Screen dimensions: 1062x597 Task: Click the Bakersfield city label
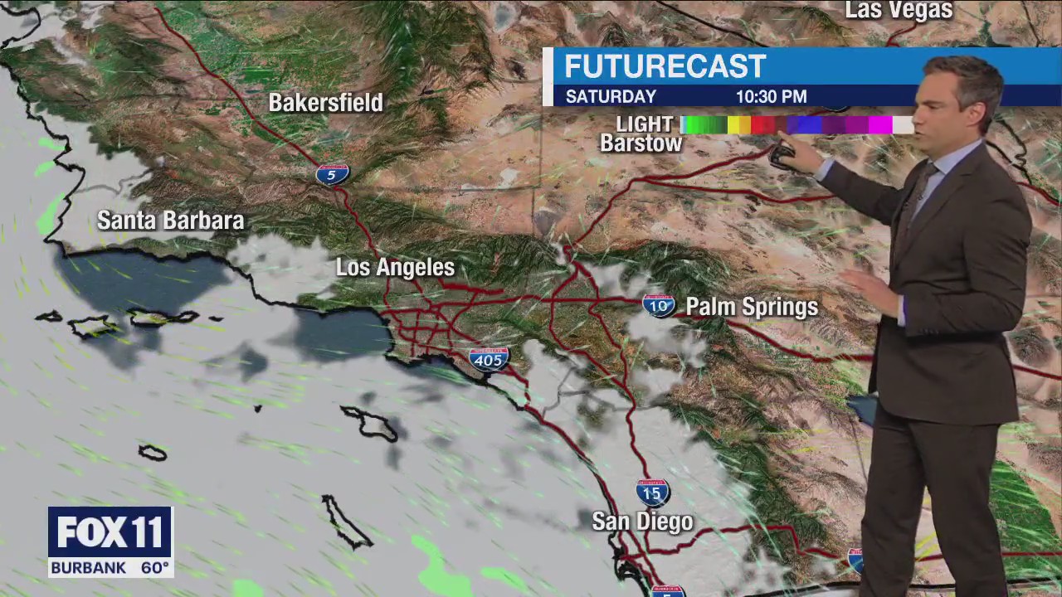point(325,103)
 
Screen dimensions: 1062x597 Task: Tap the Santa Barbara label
point(170,221)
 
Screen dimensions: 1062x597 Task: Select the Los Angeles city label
point(395,268)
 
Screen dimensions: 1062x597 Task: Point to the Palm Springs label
point(752,308)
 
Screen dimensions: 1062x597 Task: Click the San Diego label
point(642,522)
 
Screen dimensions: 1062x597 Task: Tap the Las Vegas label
point(899,11)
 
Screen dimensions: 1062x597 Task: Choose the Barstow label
point(641,143)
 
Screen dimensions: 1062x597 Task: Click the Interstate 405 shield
point(489,359)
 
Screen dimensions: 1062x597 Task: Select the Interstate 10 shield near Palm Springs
point(658,305)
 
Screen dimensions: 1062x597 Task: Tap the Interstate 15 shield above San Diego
point(653,493)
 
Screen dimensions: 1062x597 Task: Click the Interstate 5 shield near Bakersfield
point(332,174)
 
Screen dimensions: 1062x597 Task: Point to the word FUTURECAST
point(665,67)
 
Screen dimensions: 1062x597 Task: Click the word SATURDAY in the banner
point(611,97)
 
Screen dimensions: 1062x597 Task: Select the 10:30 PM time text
point(771,97)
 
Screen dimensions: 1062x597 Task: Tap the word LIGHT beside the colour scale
point(645,124)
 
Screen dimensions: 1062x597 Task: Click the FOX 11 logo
point(110,532)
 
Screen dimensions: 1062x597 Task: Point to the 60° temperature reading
point(155,568)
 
